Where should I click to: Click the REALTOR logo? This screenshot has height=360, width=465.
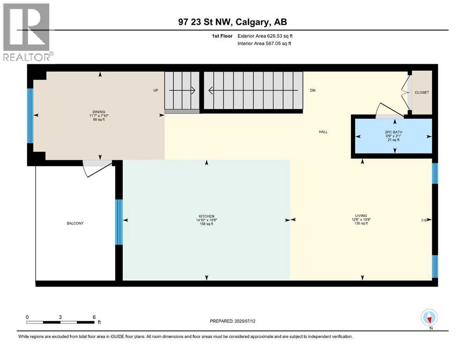[x=27, y=31]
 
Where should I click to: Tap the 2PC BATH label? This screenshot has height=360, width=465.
[x=394, y=132]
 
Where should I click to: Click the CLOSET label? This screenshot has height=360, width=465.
[x=421, y=93]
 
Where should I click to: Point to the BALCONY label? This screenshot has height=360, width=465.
[x=75, y=223]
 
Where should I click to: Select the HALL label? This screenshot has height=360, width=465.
[x=323, y=132]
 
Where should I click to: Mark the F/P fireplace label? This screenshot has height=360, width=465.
[x=424, y=220]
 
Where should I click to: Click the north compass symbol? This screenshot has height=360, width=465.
[x=429, y=318]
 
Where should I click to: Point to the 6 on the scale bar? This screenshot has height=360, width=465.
[x=94, y=317]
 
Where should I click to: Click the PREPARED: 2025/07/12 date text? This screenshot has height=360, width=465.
[x=233, y=321]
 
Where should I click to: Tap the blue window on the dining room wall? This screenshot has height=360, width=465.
[x=30, y=116]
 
